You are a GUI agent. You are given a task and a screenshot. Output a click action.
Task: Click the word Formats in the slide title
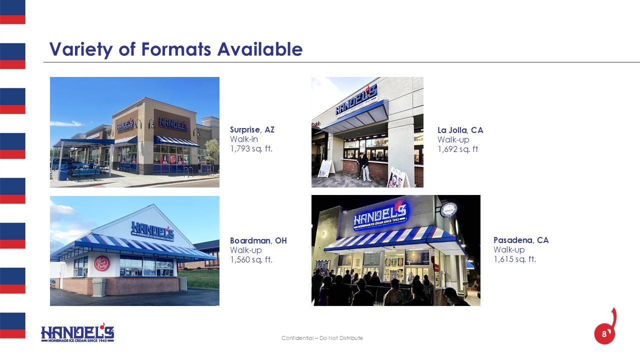coord(176,49)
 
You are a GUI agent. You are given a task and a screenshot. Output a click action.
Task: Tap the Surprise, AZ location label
coord(252,129)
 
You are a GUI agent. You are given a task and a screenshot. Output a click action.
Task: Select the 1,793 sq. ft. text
coord(251,149)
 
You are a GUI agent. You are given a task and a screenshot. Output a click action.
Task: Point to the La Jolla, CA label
coord(460,130)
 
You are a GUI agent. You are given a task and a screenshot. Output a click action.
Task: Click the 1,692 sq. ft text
coord(457,149)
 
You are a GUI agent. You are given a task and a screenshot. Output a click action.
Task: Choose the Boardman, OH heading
coord(258,240)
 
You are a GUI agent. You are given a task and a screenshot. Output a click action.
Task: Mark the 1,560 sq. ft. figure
coord(251,259)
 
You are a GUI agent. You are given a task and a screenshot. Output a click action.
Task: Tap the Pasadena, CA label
coord(521,240)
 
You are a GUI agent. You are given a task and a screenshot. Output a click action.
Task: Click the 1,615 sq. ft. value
coord(514,259)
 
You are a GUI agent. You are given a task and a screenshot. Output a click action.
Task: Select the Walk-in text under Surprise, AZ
coord(243,139)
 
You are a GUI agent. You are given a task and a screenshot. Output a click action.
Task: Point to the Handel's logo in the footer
coord(77,333)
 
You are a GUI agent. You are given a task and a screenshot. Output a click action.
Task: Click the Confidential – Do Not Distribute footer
coord(322,338)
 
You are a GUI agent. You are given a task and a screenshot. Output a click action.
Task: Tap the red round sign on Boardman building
coord(101,263)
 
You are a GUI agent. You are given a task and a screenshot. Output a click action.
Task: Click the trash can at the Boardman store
coord(99,287)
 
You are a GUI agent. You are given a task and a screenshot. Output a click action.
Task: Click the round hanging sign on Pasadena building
coord(448,209)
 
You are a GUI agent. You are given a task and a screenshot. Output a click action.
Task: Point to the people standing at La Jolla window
coord(363,167)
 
